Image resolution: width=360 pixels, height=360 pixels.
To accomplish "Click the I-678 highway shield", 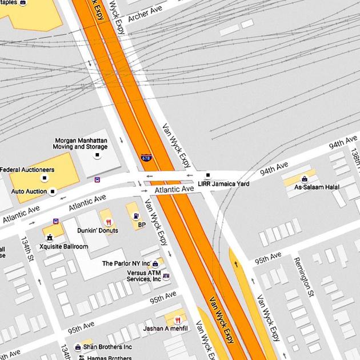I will pyautogui.click(x=146, y=157).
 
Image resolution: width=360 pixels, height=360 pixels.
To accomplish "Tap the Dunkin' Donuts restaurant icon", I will pyautogui.click(x=108, y=222).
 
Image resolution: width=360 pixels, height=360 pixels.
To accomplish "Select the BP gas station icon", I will pyautogui.click(x=136, y=217).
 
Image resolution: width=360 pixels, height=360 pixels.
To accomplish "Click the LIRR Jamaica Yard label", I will pyautogui.click(x=223, y=184).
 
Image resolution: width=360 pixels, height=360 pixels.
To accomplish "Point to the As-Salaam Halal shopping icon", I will pyautogui.click(x=304, y=178).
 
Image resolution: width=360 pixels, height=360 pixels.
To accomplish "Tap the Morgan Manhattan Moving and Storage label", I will pyautogui.click(x=81, y=143).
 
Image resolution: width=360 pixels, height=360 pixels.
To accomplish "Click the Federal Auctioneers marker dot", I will pyautogui.click(x=44, y=178).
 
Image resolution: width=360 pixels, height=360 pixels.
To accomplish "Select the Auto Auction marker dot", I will pyautogui.click(x=53, y=191).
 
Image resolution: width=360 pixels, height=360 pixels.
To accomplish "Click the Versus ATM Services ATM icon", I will pyautogui.click(x=166, y=276).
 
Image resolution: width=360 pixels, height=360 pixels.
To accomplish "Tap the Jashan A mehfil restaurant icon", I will pyautogui.click(x=178, y=320).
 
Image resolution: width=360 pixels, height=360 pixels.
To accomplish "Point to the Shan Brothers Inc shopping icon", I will pyautogui.click(x=78, y=347).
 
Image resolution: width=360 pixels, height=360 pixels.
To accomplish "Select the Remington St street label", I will pyautogui.click(x=303, y=277).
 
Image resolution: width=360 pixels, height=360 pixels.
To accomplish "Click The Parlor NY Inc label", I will pyautogui.click(x=126, y=263).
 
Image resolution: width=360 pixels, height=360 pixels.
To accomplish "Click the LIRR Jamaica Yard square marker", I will pyautogui.click(x=208, y=175).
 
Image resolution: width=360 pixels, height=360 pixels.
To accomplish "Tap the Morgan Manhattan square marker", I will pyautogui.click(x=97, y=155).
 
